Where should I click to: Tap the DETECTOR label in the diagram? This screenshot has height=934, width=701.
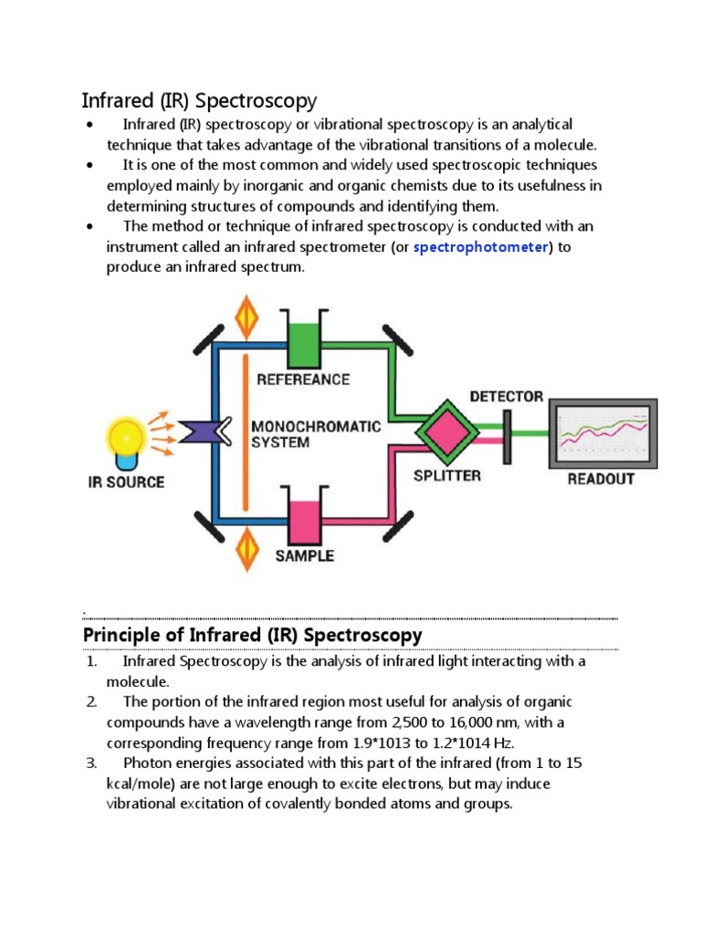(x=507, y=397)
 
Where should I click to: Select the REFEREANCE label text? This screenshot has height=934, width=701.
(x=303, y=379)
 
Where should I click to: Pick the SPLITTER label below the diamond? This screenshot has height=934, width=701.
(x=446, y=475)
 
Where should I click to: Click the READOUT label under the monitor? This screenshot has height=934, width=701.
(x=601, y=479)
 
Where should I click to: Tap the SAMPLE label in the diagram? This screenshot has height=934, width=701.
(x=304, y=555)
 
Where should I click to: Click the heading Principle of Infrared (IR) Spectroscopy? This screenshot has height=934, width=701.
(x=252, y=635)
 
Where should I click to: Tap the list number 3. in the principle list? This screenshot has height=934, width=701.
(x=91, y=763)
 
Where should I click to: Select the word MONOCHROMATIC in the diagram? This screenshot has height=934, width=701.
(x=316, y=426)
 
